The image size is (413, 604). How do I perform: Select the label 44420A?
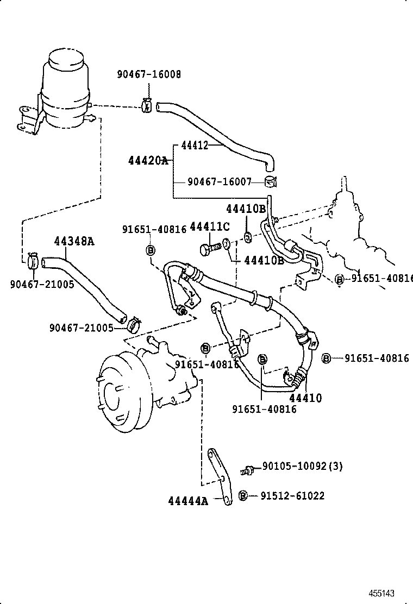[x=148, y=160]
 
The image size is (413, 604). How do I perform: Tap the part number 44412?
[x=194, y=145]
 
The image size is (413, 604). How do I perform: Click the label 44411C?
[x=210, y=226]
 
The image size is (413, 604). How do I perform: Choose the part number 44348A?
[x=73, y=241]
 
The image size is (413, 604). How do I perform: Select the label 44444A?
[x=188, y=501]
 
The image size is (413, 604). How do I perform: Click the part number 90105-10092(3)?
[x=302, y=466]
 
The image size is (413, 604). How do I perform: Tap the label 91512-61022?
[x=292, y=495]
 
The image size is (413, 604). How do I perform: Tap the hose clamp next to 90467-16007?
[x=271, y=181]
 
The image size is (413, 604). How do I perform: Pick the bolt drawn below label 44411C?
[x=209, y=248]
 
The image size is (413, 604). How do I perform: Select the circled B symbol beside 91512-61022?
[x=243, y=495]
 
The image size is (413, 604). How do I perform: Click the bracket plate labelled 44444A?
[x=220, y=478]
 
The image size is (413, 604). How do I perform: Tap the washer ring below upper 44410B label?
[x=248, y=236]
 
